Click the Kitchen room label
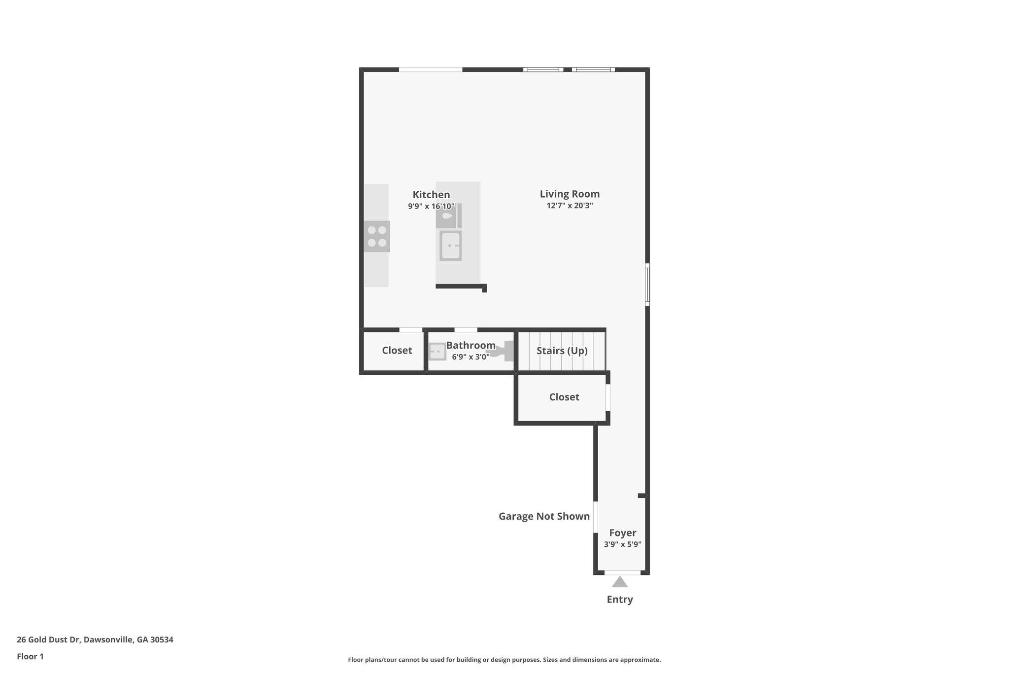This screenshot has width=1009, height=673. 431,195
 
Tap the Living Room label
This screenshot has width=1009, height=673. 570,194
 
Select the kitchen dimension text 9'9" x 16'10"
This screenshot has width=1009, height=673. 431,207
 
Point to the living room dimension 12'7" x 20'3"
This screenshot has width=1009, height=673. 570,206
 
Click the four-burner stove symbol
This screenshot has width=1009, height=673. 377,236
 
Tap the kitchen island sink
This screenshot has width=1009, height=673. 450,246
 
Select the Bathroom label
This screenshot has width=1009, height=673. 471,345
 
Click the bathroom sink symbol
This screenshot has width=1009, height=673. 437,352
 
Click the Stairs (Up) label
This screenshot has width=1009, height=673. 562,351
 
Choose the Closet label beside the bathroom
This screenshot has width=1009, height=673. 397,351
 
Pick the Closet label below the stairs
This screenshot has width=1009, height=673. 564,397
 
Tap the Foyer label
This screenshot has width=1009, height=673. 622,533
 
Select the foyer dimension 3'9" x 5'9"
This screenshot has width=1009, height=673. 622,545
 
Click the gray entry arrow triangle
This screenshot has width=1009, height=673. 620,582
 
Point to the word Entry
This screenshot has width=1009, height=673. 620,600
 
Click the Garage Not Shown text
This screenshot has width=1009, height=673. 544,516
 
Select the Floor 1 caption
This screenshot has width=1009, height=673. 30,657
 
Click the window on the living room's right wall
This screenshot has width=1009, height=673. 647,284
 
